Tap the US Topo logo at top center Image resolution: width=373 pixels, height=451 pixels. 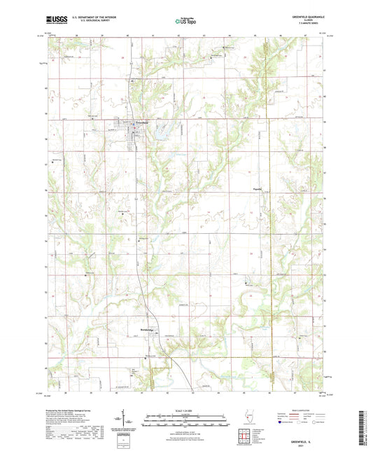pos(186,22)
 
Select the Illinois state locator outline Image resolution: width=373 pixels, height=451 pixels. pos(247,417)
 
